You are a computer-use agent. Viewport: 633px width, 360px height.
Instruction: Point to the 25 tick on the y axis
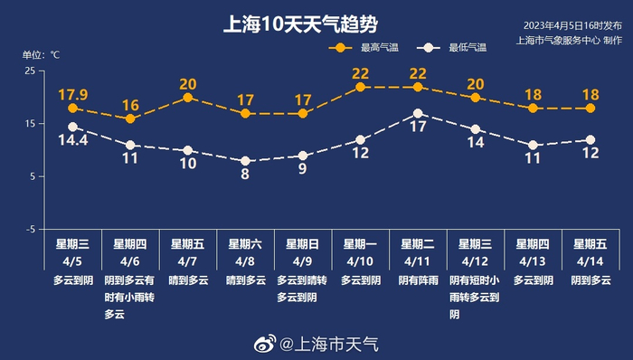tap(30, 71)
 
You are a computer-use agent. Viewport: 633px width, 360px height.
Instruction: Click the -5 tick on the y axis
tap(30, 230)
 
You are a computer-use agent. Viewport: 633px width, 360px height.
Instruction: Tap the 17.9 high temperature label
tap(72, 94)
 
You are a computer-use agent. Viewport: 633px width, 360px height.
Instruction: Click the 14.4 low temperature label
tap(72, 141)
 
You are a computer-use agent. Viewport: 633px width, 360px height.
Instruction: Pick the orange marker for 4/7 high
tap(187, 98)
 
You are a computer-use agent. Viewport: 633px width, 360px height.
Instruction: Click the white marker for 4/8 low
tap(245, 161)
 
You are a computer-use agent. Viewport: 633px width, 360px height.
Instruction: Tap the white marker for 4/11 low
tap(418, 114)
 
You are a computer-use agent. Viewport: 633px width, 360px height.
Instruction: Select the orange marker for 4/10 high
tap(360, 87)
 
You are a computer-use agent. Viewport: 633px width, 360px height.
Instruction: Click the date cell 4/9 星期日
tap(302, 251)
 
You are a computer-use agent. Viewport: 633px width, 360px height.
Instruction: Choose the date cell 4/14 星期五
tap(590, 251)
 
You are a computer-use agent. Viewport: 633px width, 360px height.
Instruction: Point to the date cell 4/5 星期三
tap(72, 251)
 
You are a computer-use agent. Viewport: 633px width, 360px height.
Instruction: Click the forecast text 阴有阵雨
tap(418, 280)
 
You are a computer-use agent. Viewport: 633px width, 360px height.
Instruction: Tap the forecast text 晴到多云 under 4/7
tap(187, 280)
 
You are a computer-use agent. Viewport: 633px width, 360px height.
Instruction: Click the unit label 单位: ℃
tap(41, 54)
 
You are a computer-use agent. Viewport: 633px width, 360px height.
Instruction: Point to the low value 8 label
tap(245, 174)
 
